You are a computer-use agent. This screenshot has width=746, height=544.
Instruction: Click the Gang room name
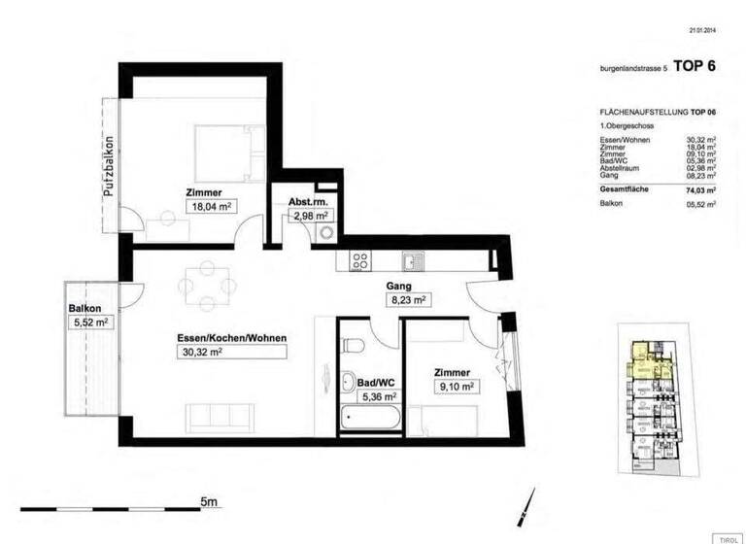pyautogui.click(x=398, y=287)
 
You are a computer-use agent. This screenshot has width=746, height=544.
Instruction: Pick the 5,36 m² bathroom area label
pyautogui.click(x=378, y=396)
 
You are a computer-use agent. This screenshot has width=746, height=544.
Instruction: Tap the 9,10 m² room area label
pyautogui.click(x=454, y=387)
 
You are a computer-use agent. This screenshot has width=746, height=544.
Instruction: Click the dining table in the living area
pyautogui.click(x=207, y=285)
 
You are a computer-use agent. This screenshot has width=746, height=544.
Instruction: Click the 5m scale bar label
pyautogui.click(x=210, y=501)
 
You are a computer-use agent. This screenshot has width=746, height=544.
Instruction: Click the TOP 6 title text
pyautogui.click(x=695, y=66)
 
